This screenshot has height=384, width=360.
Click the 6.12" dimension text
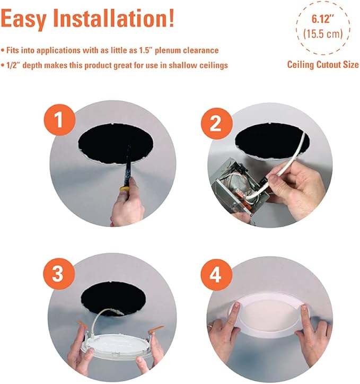point(322,19)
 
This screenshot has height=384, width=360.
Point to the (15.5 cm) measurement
point(322,35)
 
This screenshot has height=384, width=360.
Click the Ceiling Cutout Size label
point(323,65)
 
